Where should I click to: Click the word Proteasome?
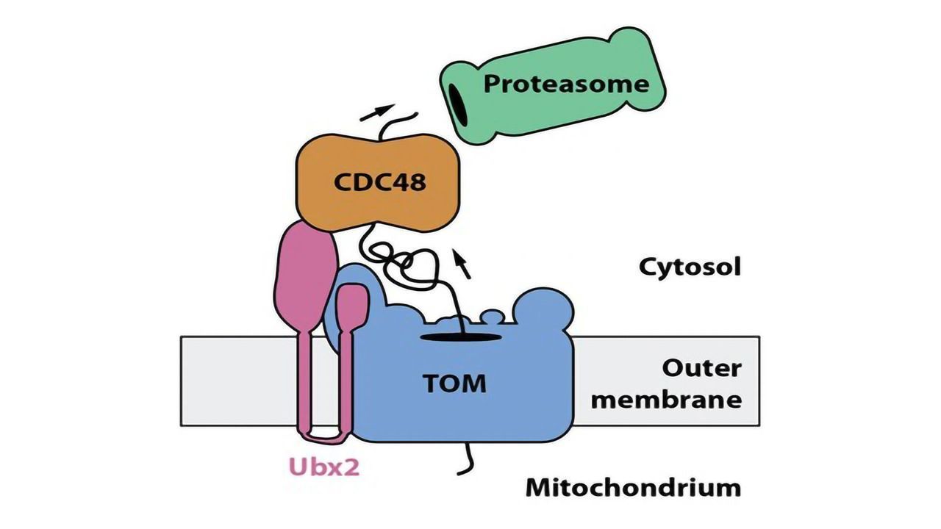click(x=566, y=83)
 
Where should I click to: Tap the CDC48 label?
click(x=379, y=181)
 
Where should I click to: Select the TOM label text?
click(x=454, y=383)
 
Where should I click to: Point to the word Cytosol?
click(x=689, y=267)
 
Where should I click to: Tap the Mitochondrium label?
click(x=633, y=486)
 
